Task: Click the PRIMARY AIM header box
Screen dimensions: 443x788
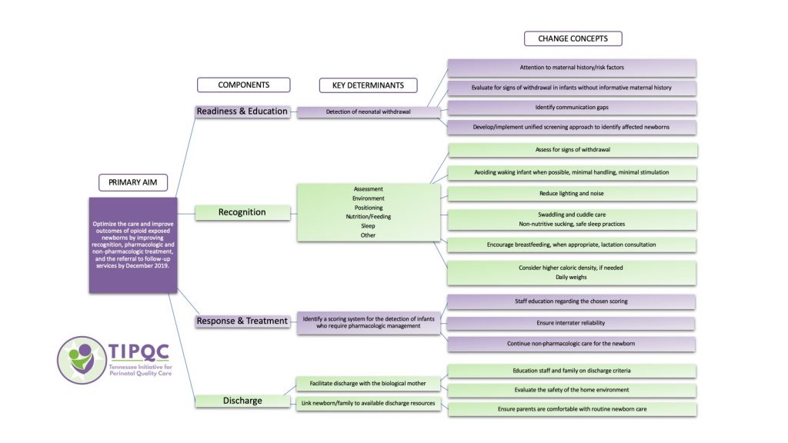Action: point(132,183)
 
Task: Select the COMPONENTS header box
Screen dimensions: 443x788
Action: point(243,85)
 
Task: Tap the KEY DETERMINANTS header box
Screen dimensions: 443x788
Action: point(369,85)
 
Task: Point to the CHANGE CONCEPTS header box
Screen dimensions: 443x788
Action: point(573,38)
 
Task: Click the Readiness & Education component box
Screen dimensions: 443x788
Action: point(242,112)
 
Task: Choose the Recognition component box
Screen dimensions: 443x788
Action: point(242,212)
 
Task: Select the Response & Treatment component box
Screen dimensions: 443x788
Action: point(242,321)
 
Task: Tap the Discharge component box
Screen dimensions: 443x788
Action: point(242,401)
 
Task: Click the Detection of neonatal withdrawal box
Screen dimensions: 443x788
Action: point(369,112)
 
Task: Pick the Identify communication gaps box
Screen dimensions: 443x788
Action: point(572,107)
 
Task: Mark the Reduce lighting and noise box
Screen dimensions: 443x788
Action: point(572,193)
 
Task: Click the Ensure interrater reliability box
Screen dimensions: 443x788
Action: point(572,323)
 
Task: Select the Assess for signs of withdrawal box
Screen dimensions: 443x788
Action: point(572,150)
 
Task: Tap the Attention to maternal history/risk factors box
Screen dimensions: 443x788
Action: point(572,68)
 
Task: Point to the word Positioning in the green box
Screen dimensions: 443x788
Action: point(368,208)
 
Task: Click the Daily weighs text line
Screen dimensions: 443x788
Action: point(572,277)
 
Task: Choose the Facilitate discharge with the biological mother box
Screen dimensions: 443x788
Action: point(369,383)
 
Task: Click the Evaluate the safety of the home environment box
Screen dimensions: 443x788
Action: point(572,390)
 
